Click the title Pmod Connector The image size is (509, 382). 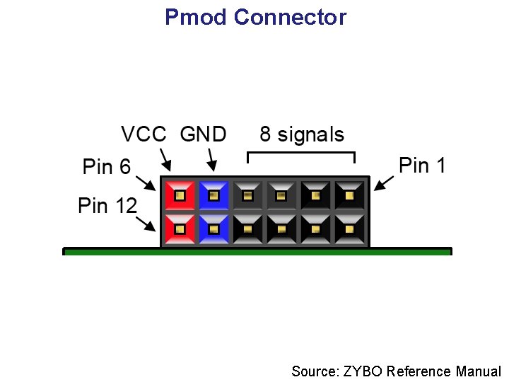(x=255, y=17)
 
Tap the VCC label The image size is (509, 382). (x=144, y=134)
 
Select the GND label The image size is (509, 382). (x=203, y=134)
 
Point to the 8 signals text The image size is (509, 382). (x=302, y=134)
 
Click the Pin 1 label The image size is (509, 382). (x=422, y=166)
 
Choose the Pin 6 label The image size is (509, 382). (x=107, y=167)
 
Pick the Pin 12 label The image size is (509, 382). (x=107, y=206)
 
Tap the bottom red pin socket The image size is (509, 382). (x=180, y=229)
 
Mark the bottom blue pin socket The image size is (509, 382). (x=214, y=229)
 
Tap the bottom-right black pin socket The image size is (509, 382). (x=350, y=229)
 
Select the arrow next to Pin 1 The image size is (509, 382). (x=384, y=182)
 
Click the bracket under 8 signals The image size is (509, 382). (x=300, y=153)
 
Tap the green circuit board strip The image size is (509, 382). (x=257, y=251)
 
